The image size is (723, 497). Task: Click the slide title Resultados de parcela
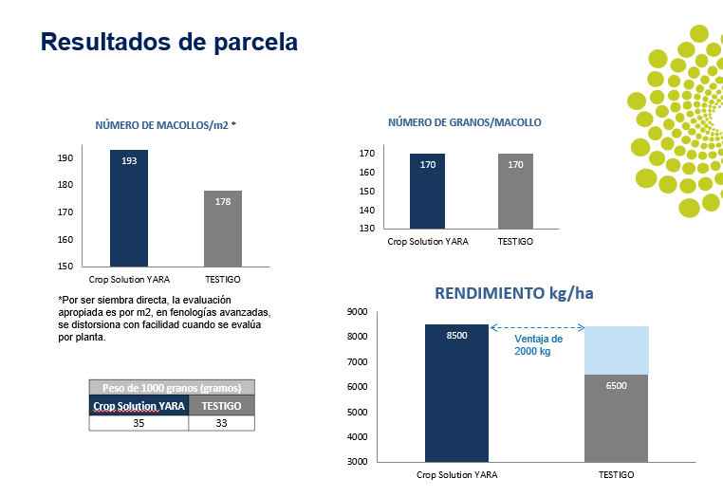(x=170, y=43)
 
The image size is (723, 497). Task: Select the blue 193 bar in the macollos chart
(x=129, y=209)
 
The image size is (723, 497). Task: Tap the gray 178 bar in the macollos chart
(x=223, y=229)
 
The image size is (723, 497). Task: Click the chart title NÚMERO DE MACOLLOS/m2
(x=165, y=125)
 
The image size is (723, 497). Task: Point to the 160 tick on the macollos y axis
(x=65, y=239)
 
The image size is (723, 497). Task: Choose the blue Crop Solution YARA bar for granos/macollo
(x=428, y=191)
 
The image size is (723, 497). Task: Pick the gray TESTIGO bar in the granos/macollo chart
(x=515, y=191)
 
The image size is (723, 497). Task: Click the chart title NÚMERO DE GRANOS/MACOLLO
(x=465, y=122)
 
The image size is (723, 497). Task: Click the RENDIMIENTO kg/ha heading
(x=513, y=293)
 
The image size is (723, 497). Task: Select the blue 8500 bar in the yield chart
(x=457, y=394)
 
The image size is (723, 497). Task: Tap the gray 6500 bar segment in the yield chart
(x=616, y=417)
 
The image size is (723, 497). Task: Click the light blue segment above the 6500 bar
(x=616, y=350)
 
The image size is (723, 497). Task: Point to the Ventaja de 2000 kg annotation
(x=538, y=344)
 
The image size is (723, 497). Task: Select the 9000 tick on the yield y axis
(x=357, y=312)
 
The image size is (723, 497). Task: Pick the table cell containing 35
(x=139, y=424)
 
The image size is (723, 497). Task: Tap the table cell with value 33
(x=221, y=424)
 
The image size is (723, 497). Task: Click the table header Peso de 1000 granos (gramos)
(x=172, y=388)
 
